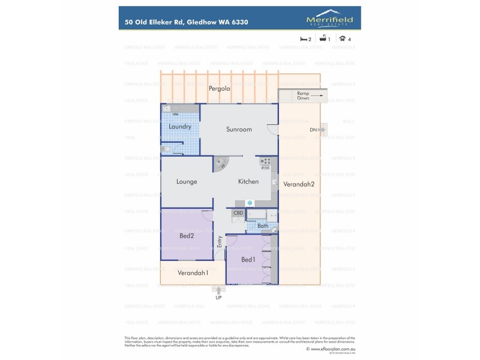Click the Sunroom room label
pyautogui.click(x=239, y=130)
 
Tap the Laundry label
pyautogui.click(x=180, y=127)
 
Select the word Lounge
pyautogui.click(x=187, y=182)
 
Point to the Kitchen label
pyautogui.click(x=248, y=182)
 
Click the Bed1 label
pyautogui.click(x=248, y=259)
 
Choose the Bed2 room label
pyautogui.click(x=187, y=236)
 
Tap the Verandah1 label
pyautogui.click(x=193, y=273)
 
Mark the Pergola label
pyautogui.click(x=220, y=89)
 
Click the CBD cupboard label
pyautogui.click(x=238, y=213)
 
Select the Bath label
pyautogui.click(x=263, y=226)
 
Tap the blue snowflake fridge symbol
pyautogui.click(x=249, y=203)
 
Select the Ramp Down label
pyautogui.click(x=302, y=95)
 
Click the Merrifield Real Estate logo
pyautogui.click(x=329, y=18)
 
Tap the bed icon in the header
pyautogui.click(x=304, y=38)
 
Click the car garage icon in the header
pyautogui.click(x=342, y=38)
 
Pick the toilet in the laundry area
pyautogui.click(x=166, y=149)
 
